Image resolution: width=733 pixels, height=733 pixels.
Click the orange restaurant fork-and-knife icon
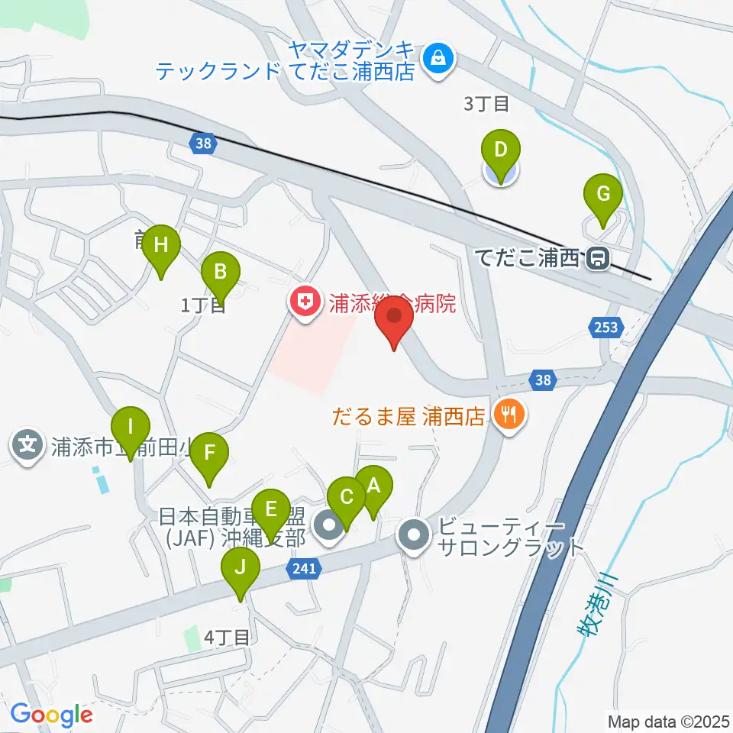508,415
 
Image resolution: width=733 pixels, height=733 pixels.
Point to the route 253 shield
603,328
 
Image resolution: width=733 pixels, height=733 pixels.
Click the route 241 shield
304,568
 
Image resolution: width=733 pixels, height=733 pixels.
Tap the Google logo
51,715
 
